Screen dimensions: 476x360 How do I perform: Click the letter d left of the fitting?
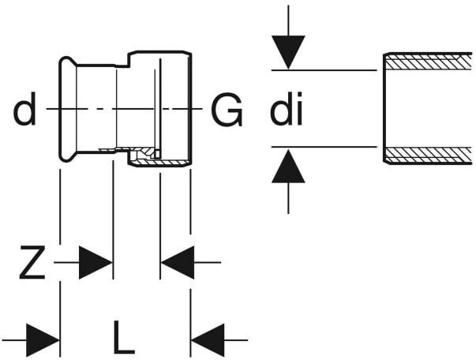click(24, 109)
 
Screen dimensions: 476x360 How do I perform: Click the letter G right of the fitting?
click(227, 109)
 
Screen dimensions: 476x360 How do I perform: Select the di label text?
click(287, 109)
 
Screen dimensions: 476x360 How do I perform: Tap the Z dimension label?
click(32, 262)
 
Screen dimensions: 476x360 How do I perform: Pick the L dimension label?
click(124, 337)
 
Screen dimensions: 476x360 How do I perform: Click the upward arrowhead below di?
click(288, 166)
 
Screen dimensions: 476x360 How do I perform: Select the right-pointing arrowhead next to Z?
click(96, 263)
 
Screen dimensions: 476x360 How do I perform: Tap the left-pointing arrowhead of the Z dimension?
click(178, 263)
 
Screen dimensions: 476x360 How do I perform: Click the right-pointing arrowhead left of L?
click(43, 340)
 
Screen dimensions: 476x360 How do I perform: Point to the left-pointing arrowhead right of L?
click(208, 340)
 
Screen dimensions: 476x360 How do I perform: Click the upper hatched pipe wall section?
click(429, 62)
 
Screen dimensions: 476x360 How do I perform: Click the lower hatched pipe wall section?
click(429, 155)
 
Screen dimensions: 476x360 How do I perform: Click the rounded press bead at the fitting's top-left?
click(67, 62)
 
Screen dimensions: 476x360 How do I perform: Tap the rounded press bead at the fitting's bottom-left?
click(67, 156)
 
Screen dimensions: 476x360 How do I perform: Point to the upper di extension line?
click(324, 70)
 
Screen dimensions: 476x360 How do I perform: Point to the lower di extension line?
click(324, 147)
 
